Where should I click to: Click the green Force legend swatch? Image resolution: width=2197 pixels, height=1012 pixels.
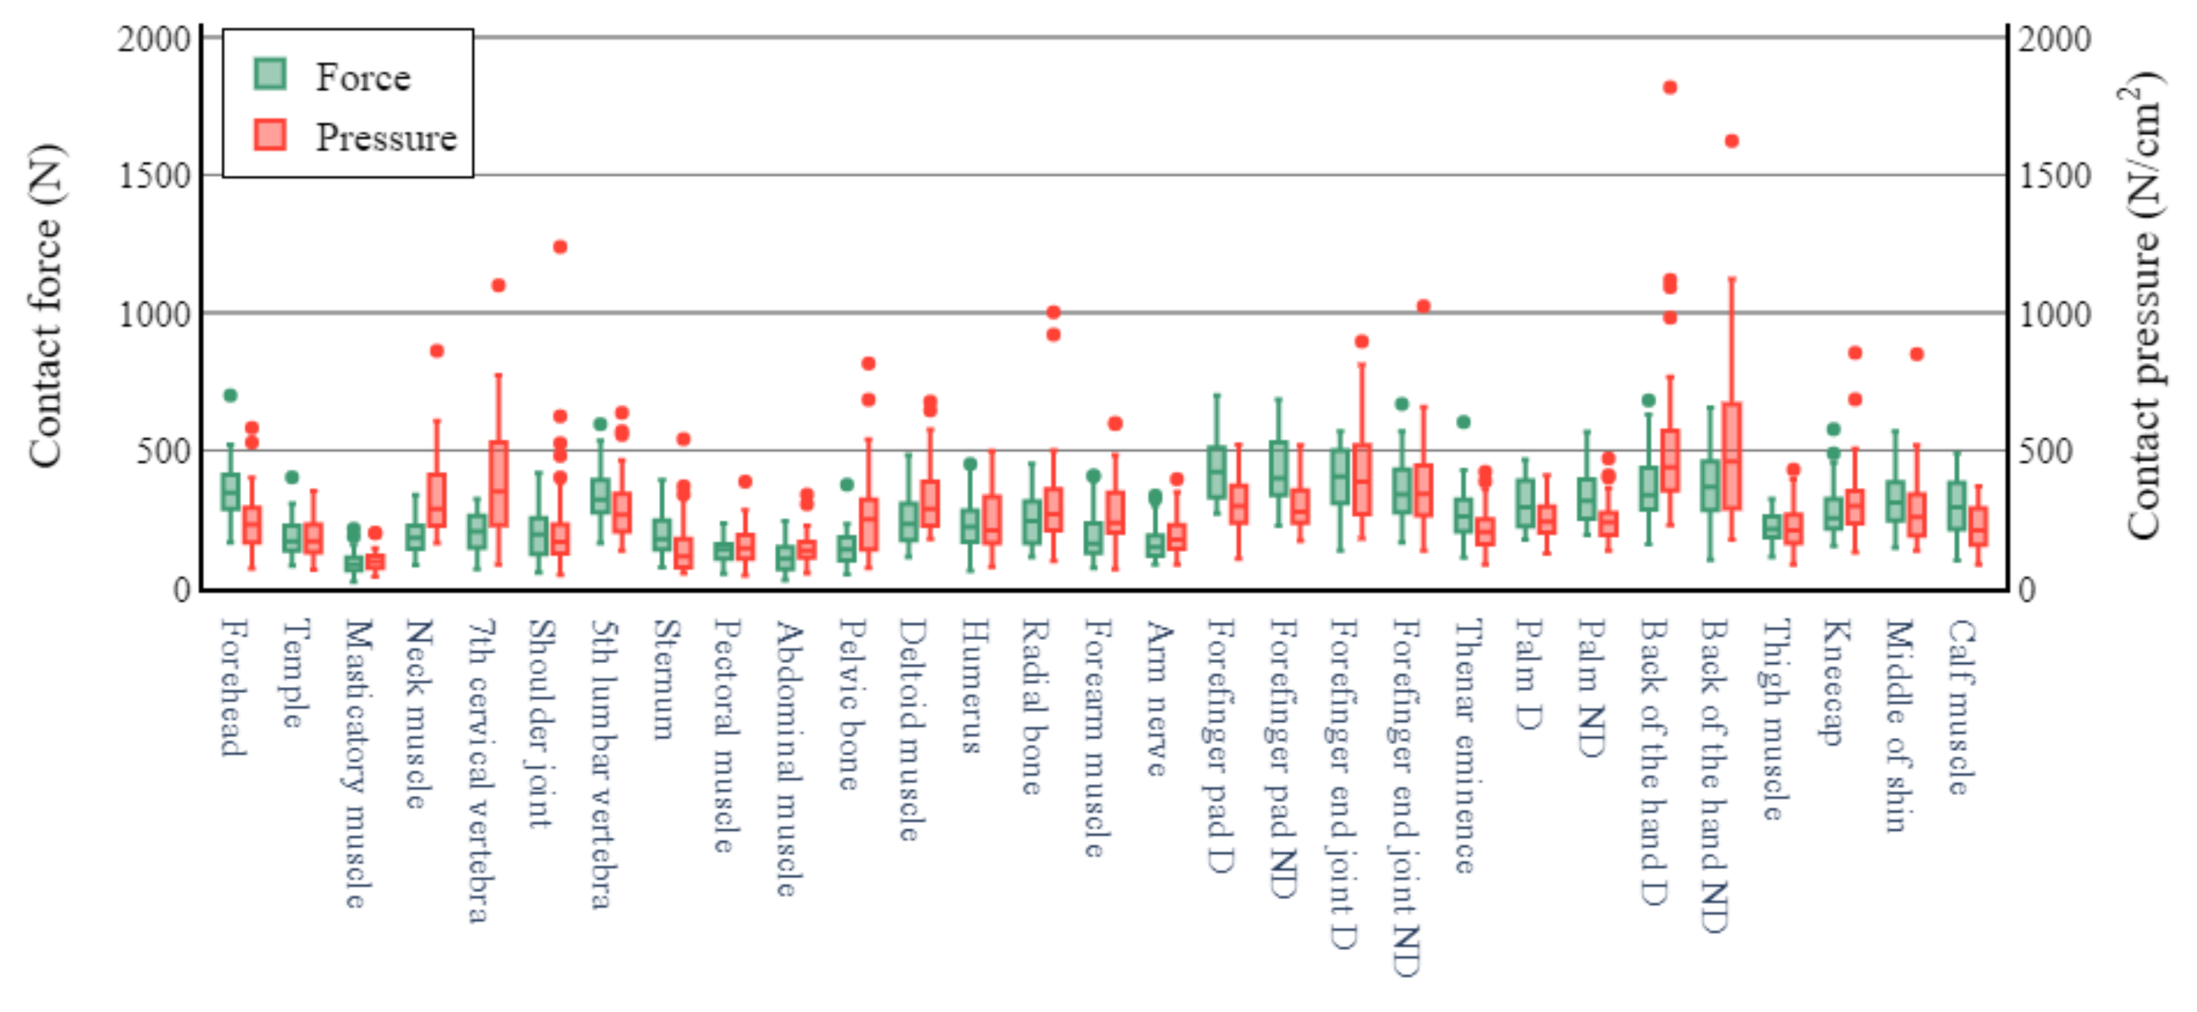pos(270,74)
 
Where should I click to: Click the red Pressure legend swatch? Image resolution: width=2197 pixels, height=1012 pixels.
pos(270,135)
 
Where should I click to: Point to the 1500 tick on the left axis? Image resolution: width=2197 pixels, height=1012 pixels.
pos(154,175)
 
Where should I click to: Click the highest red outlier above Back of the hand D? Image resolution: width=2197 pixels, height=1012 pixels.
pos(1670,88)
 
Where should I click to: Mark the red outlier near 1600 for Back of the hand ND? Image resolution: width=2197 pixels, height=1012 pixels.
pos(1731,141)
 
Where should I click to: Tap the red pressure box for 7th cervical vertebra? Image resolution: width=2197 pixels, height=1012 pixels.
pos(499,484)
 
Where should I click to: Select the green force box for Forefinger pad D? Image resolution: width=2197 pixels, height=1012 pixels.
pos(1217,471)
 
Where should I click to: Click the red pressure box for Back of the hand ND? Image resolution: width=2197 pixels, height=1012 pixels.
pos(1731,456)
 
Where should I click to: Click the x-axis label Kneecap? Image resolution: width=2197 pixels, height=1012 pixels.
pos(1834,682)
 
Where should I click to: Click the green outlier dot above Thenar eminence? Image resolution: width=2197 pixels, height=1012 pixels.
pos(1463,422)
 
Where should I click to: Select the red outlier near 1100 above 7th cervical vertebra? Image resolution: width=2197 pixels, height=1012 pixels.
pos(499,286)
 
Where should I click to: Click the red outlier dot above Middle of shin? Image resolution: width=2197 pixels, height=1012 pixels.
pos(1917,354)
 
